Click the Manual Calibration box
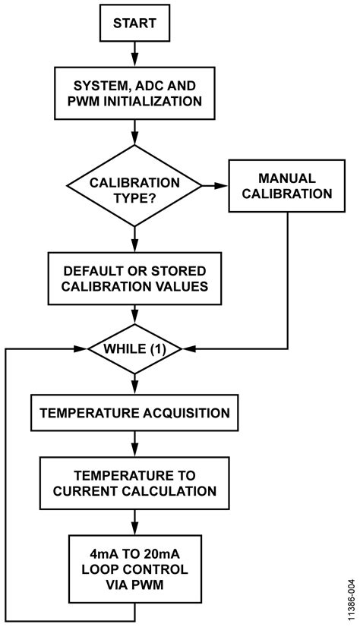point(286,184)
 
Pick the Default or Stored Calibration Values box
point(134,279)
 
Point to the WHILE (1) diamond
point(134,349)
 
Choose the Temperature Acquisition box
point(134,413)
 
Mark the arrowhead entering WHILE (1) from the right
point(189,349)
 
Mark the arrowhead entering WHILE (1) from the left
point(81,349)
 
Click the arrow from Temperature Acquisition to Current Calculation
point(134,443)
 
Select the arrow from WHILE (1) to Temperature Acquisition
point(134,383)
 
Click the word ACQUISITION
point(186,413)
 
